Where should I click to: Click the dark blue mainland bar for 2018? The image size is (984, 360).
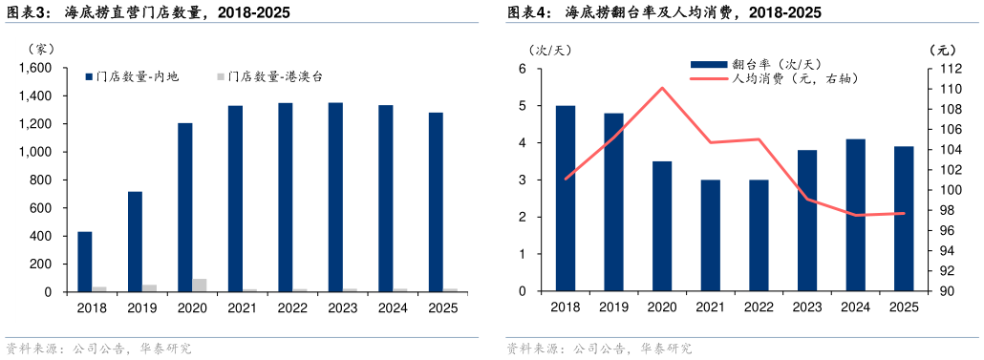pos(84,261)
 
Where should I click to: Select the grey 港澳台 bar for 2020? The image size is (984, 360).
pos(199,285)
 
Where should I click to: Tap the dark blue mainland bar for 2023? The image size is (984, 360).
pos(335,197)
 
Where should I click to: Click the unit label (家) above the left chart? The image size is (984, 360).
pos(43,48)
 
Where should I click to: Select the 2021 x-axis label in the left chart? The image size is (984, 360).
pos(243,308)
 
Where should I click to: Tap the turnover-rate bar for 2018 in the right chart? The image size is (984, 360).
pos(566,199)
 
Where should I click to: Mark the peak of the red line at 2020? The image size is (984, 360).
pos(662,88)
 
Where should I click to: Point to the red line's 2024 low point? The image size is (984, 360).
pos(856,215)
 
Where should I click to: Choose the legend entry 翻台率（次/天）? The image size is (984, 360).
pos(755,64)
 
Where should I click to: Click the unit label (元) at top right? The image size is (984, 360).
pos(941,49)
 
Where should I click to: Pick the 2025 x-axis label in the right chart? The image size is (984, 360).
pos(904,307)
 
